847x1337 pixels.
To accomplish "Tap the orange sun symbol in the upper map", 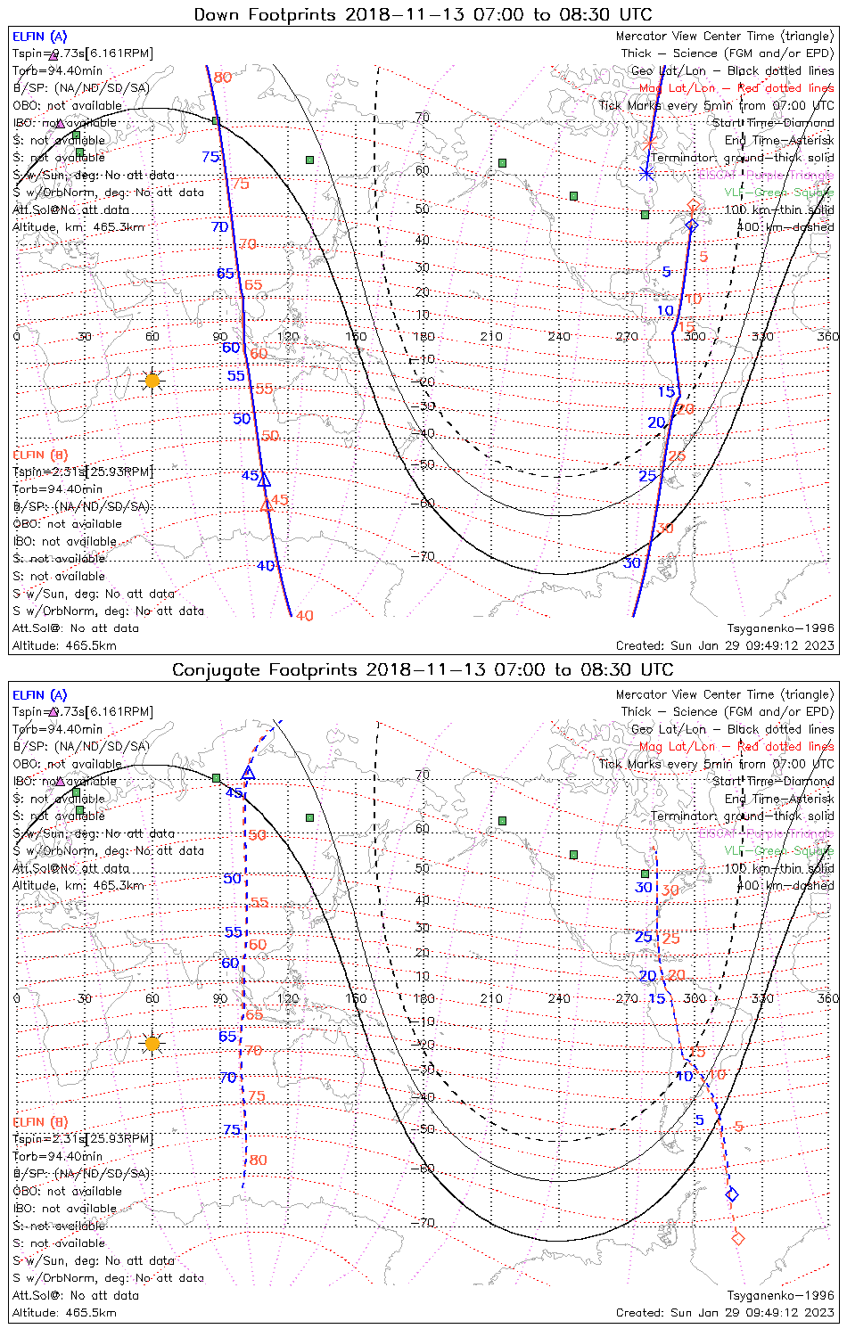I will (152, 381).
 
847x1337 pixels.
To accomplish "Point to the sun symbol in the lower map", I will (152, 1043).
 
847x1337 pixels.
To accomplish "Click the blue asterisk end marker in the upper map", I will (646, 173).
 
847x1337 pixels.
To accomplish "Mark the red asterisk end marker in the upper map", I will (649, 143).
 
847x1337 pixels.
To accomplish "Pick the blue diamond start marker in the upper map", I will (691, 226).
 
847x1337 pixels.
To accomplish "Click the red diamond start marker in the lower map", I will (737, 1237).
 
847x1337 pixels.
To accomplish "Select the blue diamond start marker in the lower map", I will (732, 1194).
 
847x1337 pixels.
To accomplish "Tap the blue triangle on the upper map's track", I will (264, 480).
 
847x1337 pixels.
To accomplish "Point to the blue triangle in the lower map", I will (249, 773).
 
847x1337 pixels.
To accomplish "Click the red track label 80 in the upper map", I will (223, 78).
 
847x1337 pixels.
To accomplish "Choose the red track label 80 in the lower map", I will (258, 1160).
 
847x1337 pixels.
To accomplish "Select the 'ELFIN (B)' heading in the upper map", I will (40, 455).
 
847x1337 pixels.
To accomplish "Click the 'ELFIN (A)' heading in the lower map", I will (40, 694).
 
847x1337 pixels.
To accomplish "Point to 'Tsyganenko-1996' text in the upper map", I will (780, 627).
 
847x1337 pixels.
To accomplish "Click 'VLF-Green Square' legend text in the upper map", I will (778, 192).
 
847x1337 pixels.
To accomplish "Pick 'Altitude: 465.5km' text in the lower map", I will (64, 1312).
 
